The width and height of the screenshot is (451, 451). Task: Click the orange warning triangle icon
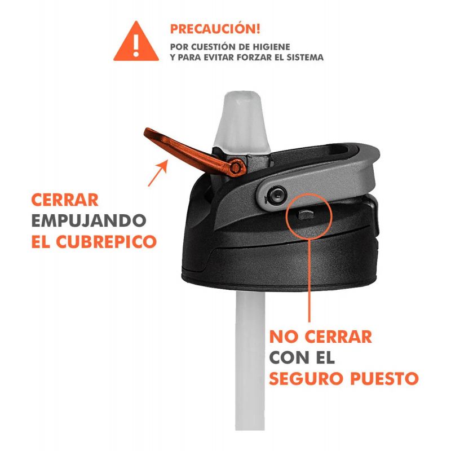tap(136, 43)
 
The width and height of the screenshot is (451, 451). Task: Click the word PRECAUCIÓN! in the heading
tap(215, 29)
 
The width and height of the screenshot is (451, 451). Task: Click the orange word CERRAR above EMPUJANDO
tap(65, 200)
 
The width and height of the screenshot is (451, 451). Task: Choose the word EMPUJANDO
tap(89, 220)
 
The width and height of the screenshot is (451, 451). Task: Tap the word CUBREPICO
tap(106, 241)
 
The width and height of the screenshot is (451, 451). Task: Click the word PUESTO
tap(384, 378)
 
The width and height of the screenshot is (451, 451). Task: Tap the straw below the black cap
tap(250, 360)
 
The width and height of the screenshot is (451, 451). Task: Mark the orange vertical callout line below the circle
tap(309, 280)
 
